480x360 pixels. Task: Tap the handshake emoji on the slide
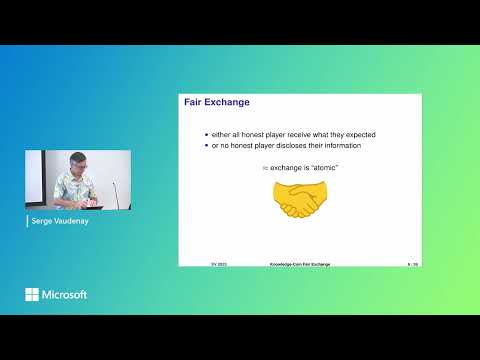click(x=298, y=200)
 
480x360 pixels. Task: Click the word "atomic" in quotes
click(x=324, y=168)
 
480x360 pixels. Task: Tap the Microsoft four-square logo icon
click(x=32, y=294)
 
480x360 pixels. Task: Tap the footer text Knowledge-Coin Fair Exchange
click(x=299, y=264)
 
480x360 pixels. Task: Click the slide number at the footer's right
click(x=412, y=264)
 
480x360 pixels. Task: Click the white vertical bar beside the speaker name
click(x=28, y=221)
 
